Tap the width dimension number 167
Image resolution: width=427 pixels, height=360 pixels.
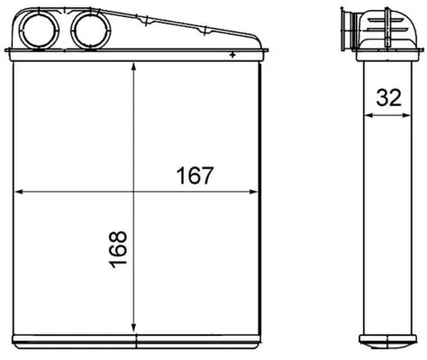[195, 175]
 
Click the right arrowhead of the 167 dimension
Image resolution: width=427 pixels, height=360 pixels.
[255, 191]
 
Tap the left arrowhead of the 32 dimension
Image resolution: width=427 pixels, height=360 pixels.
[362, 116]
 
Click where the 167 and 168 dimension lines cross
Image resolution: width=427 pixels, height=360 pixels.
[133, 191]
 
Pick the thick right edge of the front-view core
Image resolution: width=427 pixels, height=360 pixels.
[259, 198]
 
